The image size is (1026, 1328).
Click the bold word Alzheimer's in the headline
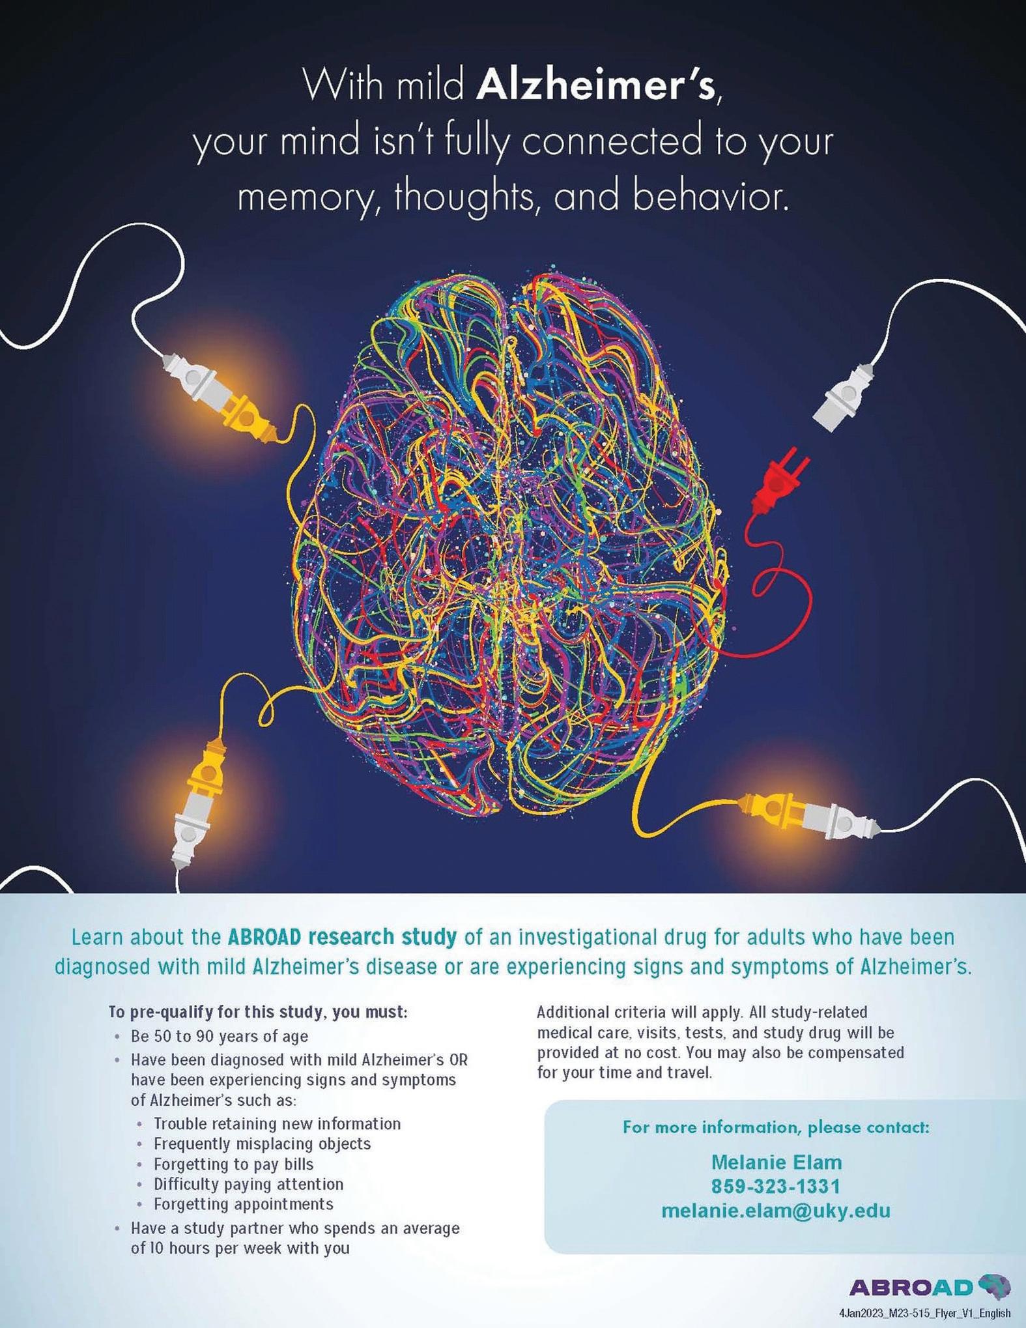595,85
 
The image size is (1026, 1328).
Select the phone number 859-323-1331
775,1187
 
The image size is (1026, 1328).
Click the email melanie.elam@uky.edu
775,1211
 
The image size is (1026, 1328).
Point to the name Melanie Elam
776,1162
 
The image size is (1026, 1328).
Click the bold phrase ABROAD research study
342,937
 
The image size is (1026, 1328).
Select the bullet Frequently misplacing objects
262,1144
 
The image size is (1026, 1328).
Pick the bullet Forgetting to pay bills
233,1164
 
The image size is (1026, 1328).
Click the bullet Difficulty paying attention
248,1184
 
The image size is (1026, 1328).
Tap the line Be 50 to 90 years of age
220,1036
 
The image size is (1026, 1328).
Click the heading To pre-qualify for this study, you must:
257,1012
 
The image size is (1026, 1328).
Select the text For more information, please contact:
776,1127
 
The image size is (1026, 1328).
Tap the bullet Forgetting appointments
243,1204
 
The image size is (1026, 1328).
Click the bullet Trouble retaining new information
277,1123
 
